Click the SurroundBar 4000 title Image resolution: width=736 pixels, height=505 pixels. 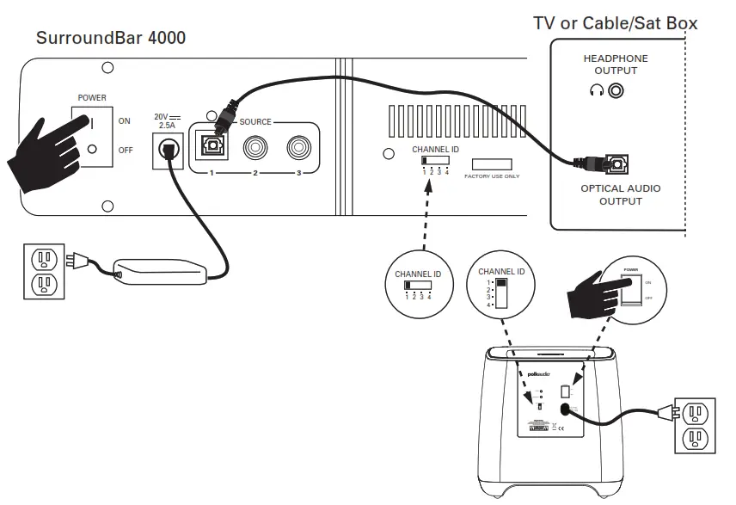click(110, 39)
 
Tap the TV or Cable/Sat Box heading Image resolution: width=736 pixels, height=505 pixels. click(615, 23)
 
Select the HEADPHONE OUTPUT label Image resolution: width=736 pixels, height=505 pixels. click(616, 65)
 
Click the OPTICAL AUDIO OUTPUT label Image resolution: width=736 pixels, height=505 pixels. click(621, 194)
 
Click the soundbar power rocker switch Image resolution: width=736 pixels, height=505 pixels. click(92, 132)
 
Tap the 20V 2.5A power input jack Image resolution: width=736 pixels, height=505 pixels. click(167, 151)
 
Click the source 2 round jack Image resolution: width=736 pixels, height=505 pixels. click(255, 147)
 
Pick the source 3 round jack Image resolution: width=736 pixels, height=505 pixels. click(298, 147)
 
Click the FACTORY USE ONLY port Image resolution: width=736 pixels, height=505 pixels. click(492, 164)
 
